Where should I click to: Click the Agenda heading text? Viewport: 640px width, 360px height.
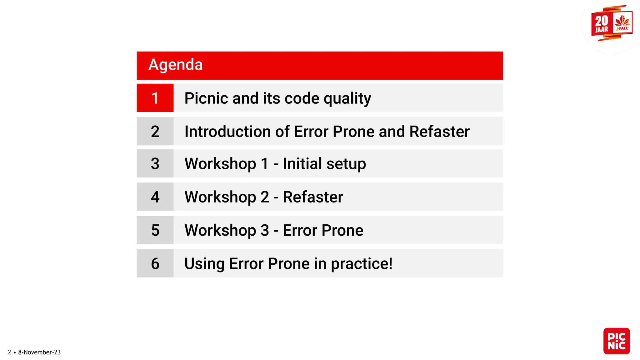click(x=175, y=65)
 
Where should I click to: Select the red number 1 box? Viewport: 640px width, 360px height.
click(x=155, y=98)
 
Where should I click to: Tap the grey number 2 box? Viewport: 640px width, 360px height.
click(x=155, y=131)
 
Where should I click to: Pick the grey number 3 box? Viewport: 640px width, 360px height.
click(x=155, y=164)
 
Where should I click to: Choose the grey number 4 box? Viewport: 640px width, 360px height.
click(x=155, y=197)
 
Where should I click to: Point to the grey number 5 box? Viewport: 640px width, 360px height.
click(x=155, y=230)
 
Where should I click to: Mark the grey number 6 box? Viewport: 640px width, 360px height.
click(x=155, y=263)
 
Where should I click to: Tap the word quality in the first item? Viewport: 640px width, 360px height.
click(x=347, y=99)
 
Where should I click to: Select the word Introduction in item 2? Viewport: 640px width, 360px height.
click(x=227, y=131)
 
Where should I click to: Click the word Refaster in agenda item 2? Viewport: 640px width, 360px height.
click(x=439, y=131)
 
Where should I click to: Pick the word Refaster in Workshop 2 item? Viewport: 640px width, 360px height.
click(x=313, y=197)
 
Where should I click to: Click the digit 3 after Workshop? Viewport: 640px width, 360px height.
click(x=265, y=230)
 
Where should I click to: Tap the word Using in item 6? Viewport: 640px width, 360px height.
click(x=204, y=264)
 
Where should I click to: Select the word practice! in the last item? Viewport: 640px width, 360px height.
click(x=362, y=264)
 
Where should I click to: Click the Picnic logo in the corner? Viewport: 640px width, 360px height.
click(x=616, y=341)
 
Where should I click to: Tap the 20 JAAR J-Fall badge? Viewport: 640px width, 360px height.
click(x=612, y=23)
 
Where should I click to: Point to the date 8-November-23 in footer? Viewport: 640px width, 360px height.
click(x=39, y=352)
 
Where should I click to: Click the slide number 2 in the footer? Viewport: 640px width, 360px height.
click(x=9, y=352)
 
